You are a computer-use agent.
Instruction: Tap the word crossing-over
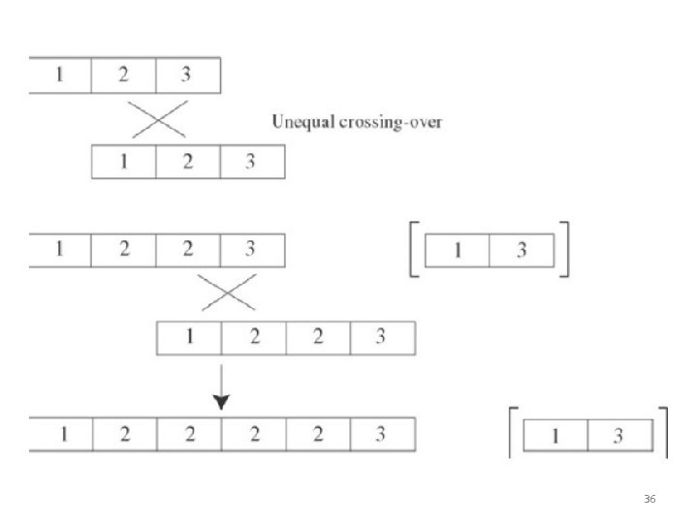(391, 122)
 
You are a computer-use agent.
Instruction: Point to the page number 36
(650, 499)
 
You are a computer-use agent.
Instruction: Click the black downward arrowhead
(221, 402)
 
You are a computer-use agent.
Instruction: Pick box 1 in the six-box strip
(61, 434)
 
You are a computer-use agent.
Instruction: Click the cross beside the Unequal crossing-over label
(158, 119)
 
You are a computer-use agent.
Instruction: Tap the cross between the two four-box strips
(228, 292)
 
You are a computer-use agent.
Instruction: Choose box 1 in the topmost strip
(60, 76)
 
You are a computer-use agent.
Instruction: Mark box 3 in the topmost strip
(188, 76)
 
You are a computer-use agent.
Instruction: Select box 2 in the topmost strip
(124, 76)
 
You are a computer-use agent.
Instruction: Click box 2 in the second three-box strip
(188, 162)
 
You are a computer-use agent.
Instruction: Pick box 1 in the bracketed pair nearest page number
(555, 436)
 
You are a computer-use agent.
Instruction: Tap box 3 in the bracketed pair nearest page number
(620, 436)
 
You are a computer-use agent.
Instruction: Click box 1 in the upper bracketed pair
(458, 251)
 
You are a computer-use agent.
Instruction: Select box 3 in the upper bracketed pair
(522, 251)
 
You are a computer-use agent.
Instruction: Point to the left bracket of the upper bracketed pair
(411, 249)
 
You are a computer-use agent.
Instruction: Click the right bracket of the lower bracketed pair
(666, 432)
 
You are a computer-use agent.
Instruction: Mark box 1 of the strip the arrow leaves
(189, 338)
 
